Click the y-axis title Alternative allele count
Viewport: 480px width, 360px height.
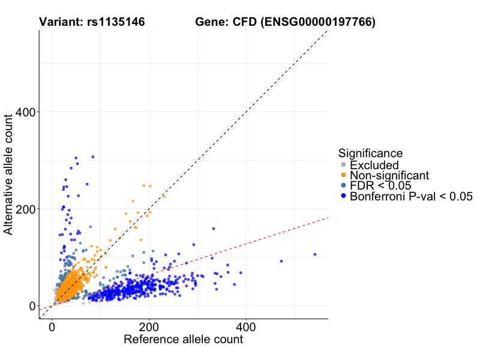9,175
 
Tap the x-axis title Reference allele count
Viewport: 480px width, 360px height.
183,340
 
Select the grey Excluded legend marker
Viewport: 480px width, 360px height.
343,164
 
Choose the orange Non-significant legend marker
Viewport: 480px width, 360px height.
343,175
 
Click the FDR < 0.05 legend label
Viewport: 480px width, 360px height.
384,185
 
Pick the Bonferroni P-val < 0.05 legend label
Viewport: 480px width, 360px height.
412,196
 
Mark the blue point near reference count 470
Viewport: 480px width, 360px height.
281,261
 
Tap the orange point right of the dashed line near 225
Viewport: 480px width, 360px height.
163,196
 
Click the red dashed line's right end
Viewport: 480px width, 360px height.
327,218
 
